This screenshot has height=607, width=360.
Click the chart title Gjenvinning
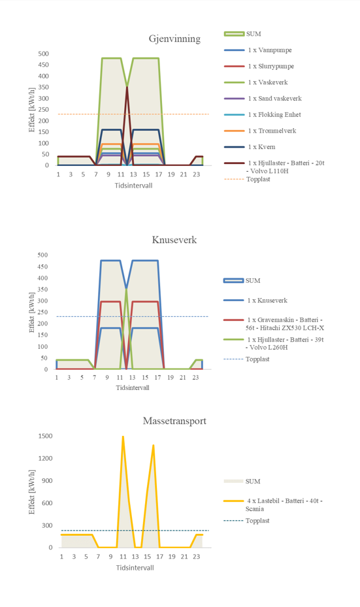tap(174, 39)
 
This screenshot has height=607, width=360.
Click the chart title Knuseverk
tap(174, 240)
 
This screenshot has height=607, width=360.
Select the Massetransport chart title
tap(174, 421)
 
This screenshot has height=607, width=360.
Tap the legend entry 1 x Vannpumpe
tap(270, 50)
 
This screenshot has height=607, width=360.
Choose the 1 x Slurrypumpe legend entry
tap(271, 66)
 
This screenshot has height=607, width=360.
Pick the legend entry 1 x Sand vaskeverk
tap(275, 98)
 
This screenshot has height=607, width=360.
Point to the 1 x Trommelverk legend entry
tap(272, 131)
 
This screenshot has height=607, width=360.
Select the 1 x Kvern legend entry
tap(262, 147)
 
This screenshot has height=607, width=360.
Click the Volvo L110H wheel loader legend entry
tap(286, 167)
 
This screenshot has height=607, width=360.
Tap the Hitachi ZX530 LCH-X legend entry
tap(285, 324)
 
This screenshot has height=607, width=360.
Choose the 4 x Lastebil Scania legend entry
tap(284, 505)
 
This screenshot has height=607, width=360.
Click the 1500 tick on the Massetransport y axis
tap(45, 436)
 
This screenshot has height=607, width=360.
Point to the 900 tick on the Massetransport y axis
tap(47, 481)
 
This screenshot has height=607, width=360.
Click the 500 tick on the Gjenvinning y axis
tap(43, 54)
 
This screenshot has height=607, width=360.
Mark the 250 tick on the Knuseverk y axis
tap(43, 312)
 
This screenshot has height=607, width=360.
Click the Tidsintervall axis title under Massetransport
tap(135, 568)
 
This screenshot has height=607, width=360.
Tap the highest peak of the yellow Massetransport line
tap(123, 436)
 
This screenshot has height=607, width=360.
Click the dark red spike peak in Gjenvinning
tap(127, 87)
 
